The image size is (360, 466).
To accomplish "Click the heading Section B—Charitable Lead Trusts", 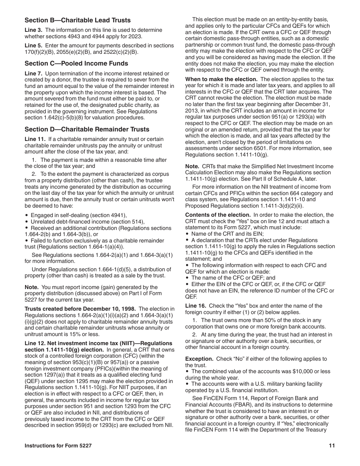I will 77,20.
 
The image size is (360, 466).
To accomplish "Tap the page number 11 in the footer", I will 332,446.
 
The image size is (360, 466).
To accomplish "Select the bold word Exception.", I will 199,359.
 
